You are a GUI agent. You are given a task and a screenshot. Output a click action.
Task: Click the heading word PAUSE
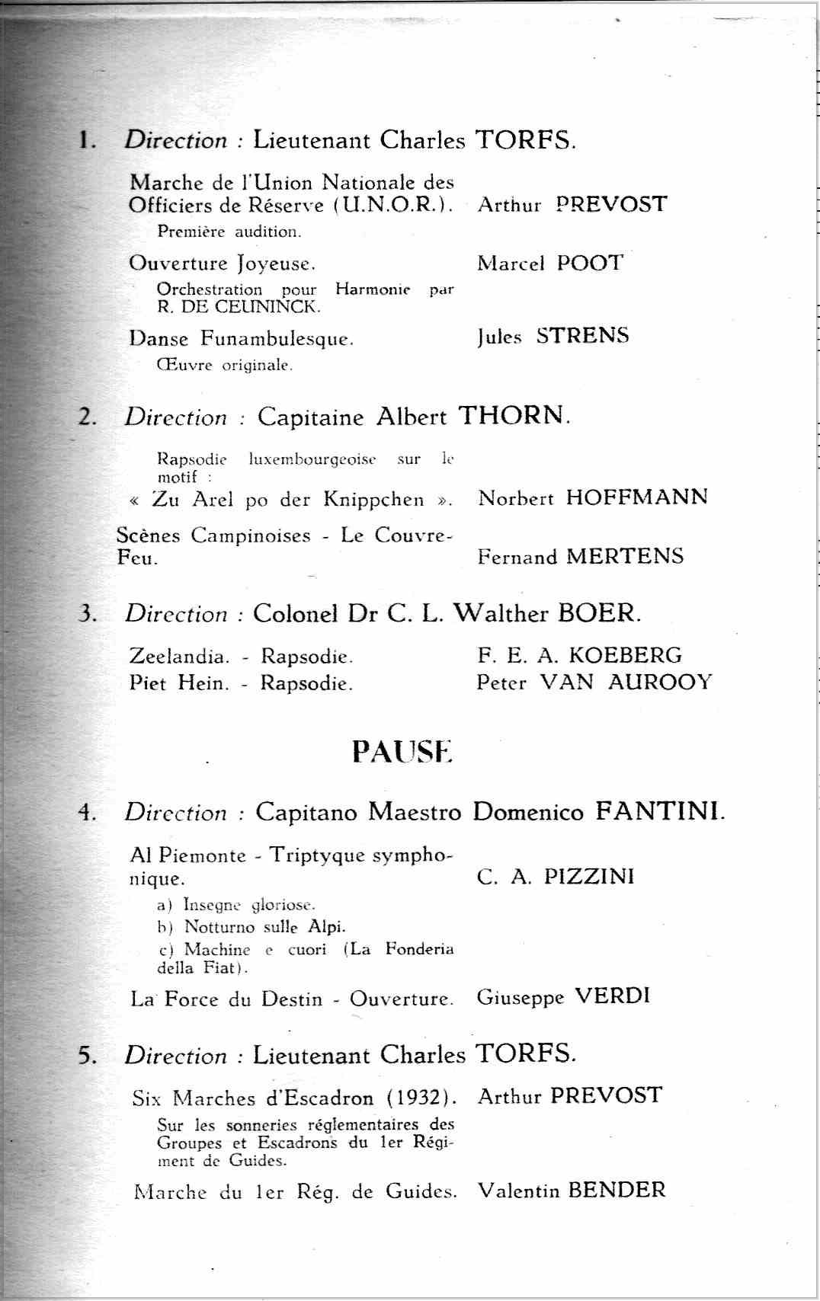[402, 751]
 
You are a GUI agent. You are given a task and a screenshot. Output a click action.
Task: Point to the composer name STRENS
[582, 336]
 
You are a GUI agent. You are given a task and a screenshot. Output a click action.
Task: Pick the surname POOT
[590, 263]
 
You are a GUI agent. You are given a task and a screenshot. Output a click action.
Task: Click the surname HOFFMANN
[636, 497]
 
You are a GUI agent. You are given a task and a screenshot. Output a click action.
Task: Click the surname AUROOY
[660, 682]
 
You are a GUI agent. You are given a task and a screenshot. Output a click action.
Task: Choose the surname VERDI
[612, 996]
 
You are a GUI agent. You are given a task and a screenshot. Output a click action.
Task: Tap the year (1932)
[421, 1098]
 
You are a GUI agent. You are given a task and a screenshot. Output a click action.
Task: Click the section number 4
[86, 813]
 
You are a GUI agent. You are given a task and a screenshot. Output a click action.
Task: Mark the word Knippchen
[373, 500]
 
